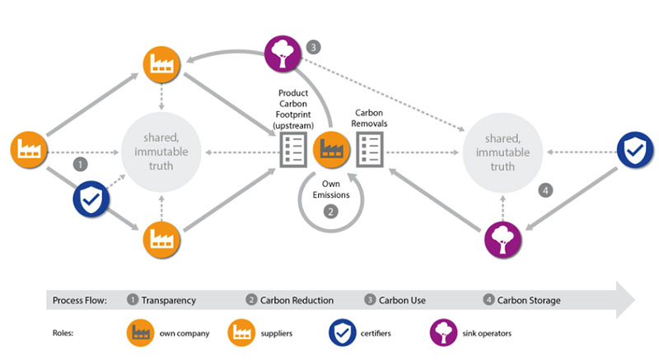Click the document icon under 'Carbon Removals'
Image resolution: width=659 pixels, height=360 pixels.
(x=370, y=151)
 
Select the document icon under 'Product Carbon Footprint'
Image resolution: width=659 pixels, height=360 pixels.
(x=292, y=152)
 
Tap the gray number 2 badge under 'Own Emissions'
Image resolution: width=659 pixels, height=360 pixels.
(x=331, y=211)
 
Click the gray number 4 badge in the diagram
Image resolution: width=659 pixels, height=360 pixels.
(x=544, y=190)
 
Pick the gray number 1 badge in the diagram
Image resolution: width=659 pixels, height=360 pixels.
(x=80, y=164)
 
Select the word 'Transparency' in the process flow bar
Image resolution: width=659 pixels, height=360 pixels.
(x=168, y=300)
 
